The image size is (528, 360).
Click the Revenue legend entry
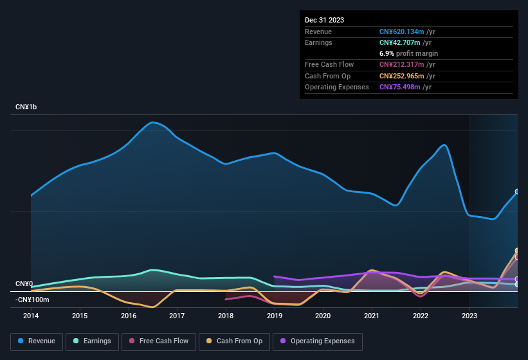click(x=37, y=341)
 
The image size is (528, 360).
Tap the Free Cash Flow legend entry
click(x=159, y=341)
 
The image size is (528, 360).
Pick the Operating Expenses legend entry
click(x=318, y=341)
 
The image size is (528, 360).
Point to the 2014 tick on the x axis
click(x=31, y=316)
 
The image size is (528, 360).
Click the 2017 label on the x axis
click(x=177, y=316)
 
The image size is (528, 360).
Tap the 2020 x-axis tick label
click(x=323, y=316)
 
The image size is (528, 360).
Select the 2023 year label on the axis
click(x=469, y=316)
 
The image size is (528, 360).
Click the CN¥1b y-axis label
click(x=26, y=107)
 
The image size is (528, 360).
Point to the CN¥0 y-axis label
click(x=24, y=283)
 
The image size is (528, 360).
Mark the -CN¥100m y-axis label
click(x=32, y=300)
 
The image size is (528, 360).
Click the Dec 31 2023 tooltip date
click(x=324, y=20)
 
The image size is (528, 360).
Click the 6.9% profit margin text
click(x=408, y=53)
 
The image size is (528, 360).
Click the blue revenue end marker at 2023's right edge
click(x=517, y=192)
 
